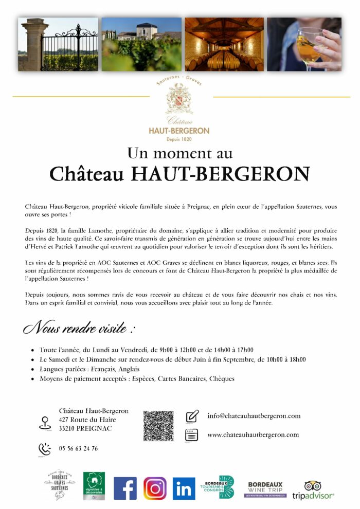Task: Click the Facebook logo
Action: click(x=125, y=488)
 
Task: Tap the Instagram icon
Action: click(x=155, y=488)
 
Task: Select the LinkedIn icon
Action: click(x=184, y=488)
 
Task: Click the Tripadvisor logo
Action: click(x=313, y=490)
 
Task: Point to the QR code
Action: click(x=158, y=425)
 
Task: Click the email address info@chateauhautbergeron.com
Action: click(x=254, y=416)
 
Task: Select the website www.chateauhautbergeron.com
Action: click(x=253, y=435)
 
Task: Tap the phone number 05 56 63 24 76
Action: click(x=78, y=449)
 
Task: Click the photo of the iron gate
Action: click(x=58, y=44)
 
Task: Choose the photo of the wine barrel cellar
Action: click(x=224, y=44)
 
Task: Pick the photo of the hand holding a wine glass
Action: click(x=304, y=44)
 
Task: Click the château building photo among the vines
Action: click(x=141, y=44)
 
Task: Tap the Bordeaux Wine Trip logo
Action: click(x=265, y=489)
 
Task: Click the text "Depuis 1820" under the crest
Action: click(x=179, y=139)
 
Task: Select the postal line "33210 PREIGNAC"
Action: click(x=85, y=428)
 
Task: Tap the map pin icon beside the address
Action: click(x=44, y=423)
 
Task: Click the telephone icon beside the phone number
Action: click(x=45, y=449)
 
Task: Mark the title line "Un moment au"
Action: click(x=179, y=153)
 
